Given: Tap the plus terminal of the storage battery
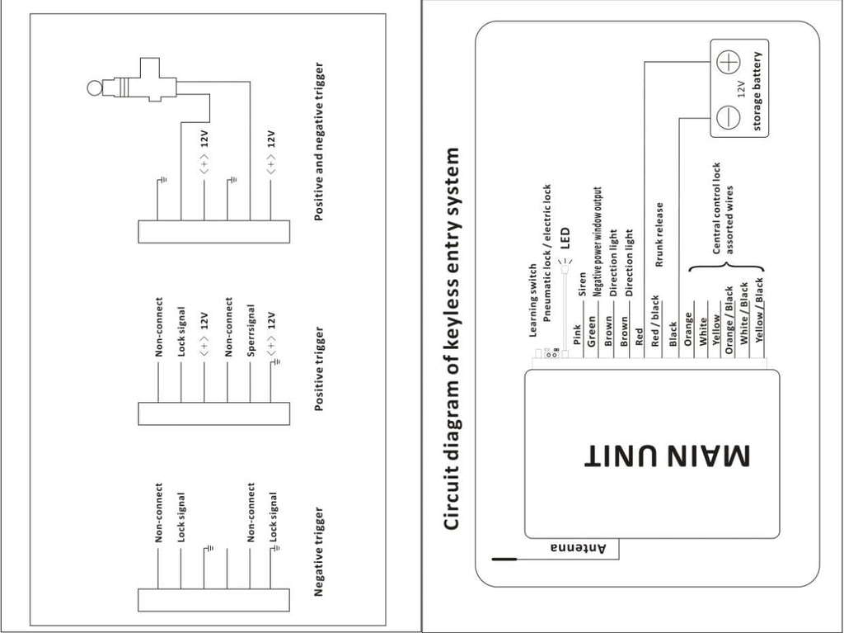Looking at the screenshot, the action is tap(729, 62).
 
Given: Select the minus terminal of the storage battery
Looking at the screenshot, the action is tap(729, 117).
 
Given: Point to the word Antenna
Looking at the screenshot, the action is tap(578, 548).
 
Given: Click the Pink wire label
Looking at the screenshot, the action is tap(576, 334).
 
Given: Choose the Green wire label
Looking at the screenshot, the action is tap(592, 332).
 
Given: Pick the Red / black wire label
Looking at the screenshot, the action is tap(654, 321).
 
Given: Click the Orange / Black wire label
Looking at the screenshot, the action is tap(729, 320).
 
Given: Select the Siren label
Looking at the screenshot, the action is tap(581, 285).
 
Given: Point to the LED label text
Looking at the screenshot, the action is tap(565, 238).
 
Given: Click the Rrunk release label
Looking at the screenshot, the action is tap(659, 234).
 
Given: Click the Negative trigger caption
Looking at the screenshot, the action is tap(319, 551).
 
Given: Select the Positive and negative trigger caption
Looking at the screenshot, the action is tap(319, 141).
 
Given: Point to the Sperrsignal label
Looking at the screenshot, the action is tap(251, 330).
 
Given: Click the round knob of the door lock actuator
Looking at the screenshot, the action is tap(94, 87).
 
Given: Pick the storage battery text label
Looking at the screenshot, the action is tap(757, 92).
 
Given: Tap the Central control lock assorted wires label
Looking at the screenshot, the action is tap(722, 208).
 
